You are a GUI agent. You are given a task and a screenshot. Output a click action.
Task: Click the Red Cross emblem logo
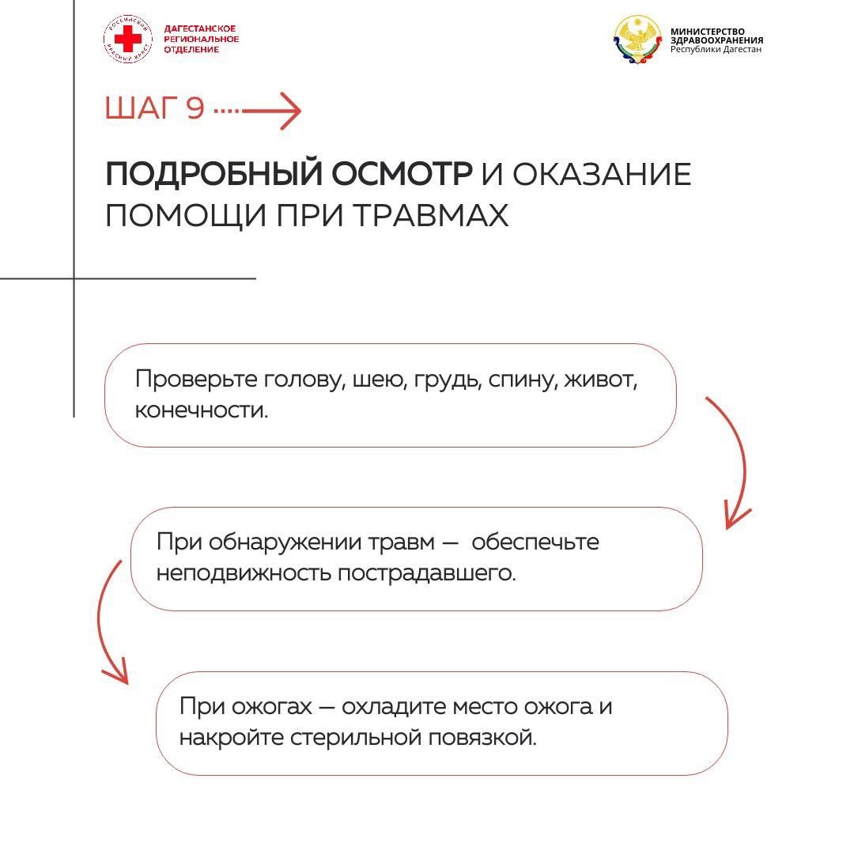tap(128, 40)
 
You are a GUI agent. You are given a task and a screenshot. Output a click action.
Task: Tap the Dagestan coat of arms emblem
tap(638, 40)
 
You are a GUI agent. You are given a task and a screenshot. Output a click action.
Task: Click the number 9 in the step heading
tap(195, 108)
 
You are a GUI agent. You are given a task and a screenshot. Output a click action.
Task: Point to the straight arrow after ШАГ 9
tap(257, 111)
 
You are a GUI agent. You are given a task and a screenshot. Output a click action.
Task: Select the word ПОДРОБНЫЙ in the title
tap(213, 174)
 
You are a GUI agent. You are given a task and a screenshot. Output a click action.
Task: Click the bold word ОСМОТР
tap(402, 174)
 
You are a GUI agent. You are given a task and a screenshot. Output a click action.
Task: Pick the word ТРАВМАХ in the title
tap(431, 215)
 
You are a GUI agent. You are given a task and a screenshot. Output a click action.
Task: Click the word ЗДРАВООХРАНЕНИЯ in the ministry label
tap(716, 40)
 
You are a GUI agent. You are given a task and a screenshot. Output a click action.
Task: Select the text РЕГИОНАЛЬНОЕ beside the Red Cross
tap(202, 40)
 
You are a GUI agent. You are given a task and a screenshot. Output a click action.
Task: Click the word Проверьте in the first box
tap(196, 379)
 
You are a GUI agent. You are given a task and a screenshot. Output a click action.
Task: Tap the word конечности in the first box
tap(202, 410)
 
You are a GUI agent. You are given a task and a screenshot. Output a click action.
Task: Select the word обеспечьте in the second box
tap(535, 542)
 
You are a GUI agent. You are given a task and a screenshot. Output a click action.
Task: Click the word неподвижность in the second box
tap(244, 573)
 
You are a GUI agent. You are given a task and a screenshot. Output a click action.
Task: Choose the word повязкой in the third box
tap(482, 738)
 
